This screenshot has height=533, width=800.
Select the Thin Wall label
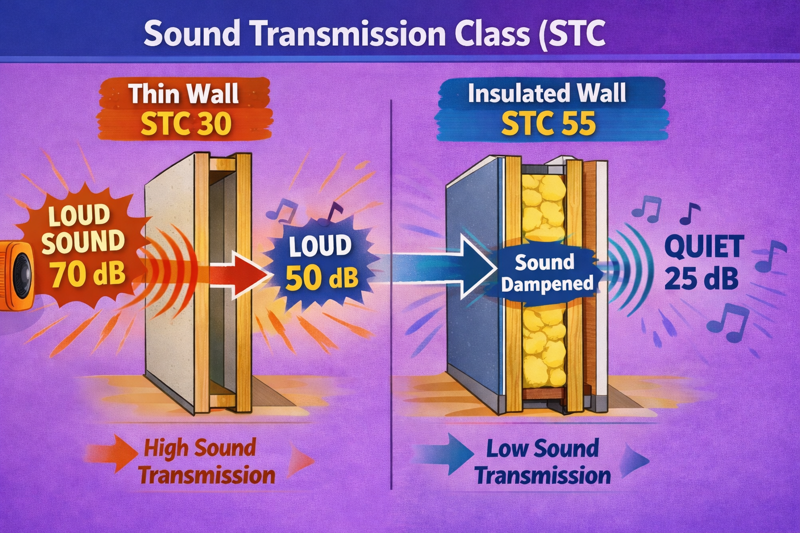(x=184, y=94)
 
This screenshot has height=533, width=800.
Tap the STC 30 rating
(x=186, y=124)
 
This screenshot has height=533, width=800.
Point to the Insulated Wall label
(x=547, y=94)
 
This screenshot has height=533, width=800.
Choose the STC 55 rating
(x=548, y=124)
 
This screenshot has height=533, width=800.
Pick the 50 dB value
(x=322, y=278)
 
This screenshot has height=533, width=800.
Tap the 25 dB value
(x=701, y=278)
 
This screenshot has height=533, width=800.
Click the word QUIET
(x=704, y=246)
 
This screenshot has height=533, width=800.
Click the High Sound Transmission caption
(x=206, y=461)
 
